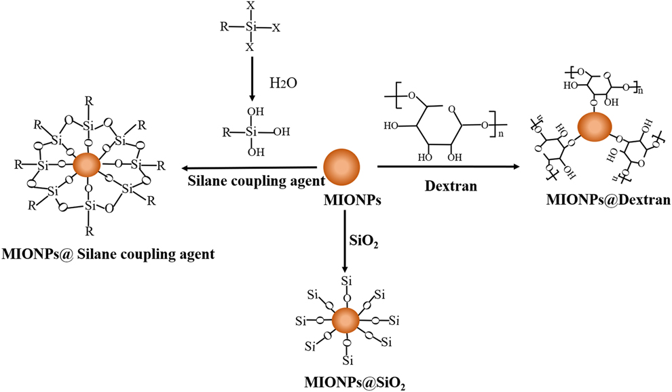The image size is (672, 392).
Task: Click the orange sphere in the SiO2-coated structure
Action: (x=346, y=320)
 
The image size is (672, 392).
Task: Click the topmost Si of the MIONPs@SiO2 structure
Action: (x=346, y=281)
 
